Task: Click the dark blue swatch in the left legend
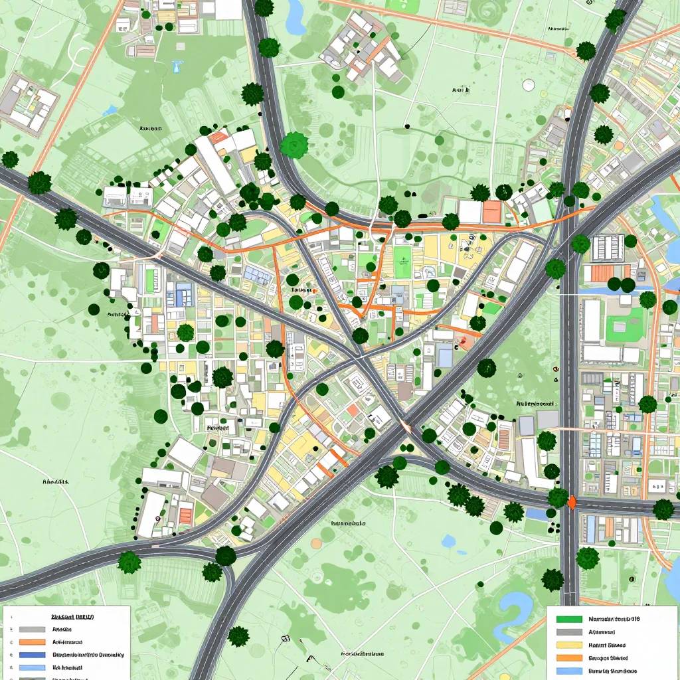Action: point(32,655)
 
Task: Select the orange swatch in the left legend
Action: point(32,642)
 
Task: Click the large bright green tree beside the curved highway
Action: point(294,145)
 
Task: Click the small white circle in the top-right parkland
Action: point(529,84)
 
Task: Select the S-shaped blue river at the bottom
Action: point(515,608)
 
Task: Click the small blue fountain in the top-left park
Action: point(177,66)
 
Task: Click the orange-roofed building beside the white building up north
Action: point(491,212)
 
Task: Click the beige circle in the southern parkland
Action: point(316,543)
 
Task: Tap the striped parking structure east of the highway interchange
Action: point(607,247)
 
